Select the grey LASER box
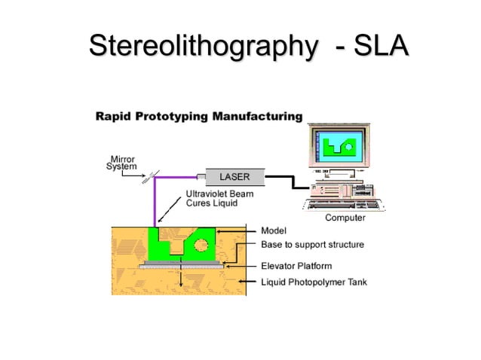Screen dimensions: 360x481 [x=234, y=178]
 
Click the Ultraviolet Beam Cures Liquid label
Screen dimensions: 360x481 [x=219, y=199]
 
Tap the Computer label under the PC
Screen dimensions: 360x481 [x=345, y=218]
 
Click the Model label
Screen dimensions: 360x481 [x=273, y=230]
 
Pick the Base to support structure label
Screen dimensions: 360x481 [x=312, y=245]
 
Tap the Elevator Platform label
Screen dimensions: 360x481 [x=296, y=266]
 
